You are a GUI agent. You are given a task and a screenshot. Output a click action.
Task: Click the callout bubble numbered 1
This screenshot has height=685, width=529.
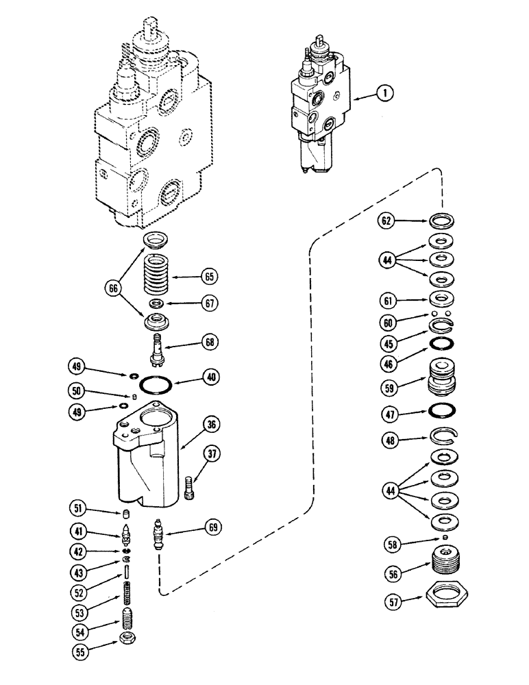click(x=387, y=96)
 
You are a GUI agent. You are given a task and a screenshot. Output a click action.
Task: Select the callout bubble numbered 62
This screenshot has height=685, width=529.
click(x=388, y=221)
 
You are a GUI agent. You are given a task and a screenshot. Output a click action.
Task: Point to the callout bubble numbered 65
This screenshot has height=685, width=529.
click(x=208, y=277)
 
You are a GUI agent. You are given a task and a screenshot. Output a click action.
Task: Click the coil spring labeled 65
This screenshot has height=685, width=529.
click(x=158, y=275)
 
